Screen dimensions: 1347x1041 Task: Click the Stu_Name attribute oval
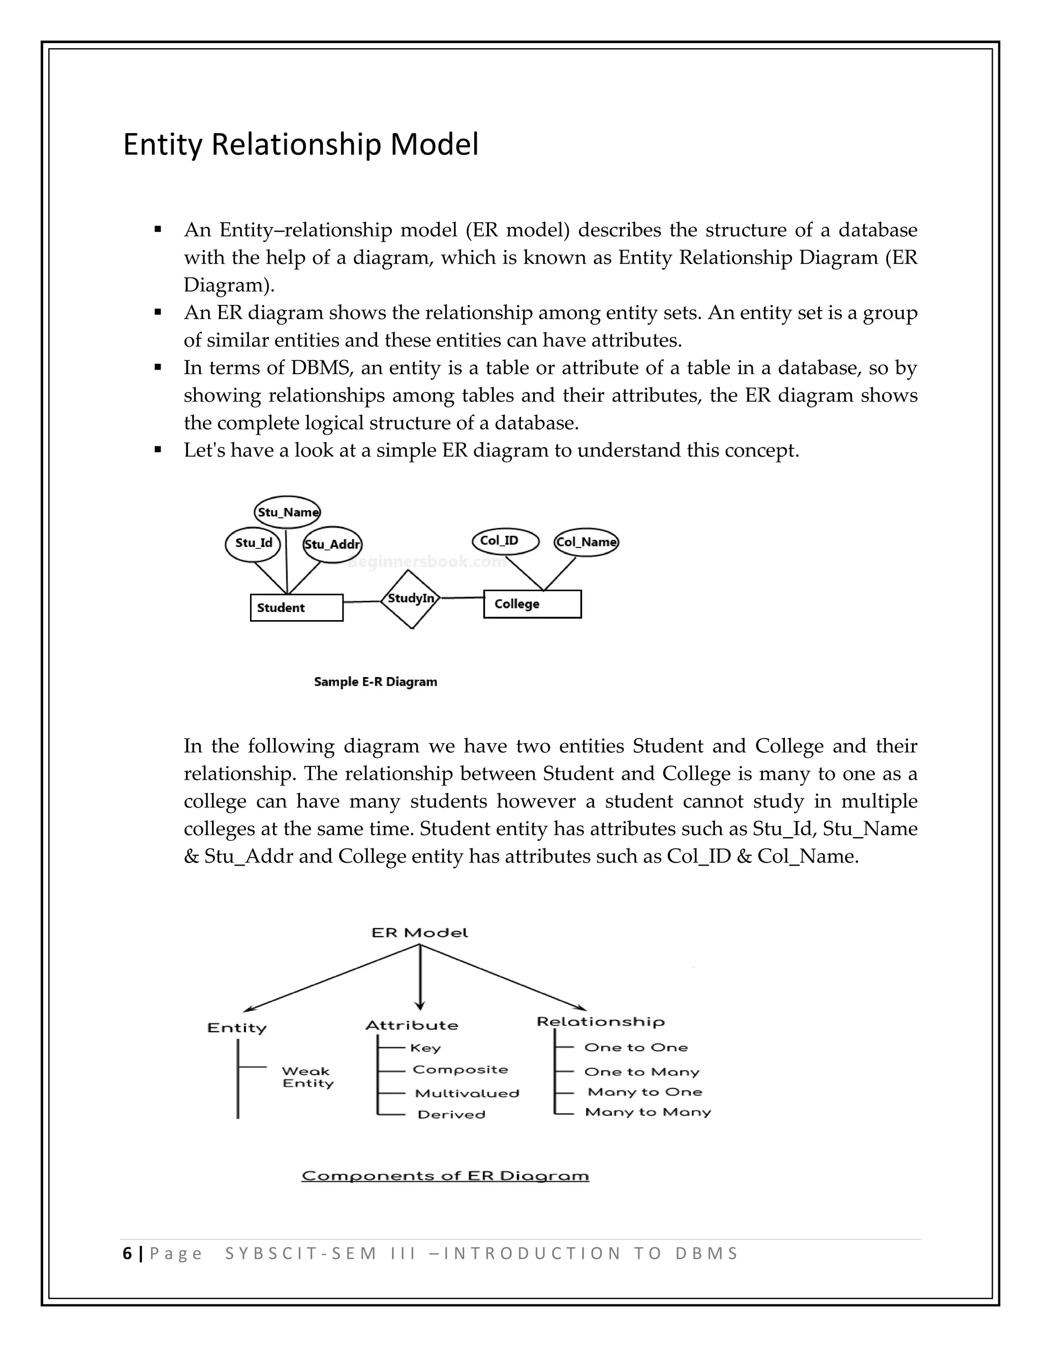(x=287, y=512)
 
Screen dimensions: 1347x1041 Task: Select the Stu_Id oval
(x=253, y=543)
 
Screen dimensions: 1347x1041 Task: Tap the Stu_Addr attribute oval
(x=332, y=544)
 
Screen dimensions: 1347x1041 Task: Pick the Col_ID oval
(x=506, y=541)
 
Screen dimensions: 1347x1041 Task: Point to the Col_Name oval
(x=586, y=542)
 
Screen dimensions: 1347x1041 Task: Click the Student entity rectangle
(x=296, y=607)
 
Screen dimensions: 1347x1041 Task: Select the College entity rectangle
(x=532, y=604)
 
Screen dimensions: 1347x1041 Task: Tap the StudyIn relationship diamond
(x=411, y=599)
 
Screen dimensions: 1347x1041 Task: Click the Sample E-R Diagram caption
(x=375, y=682)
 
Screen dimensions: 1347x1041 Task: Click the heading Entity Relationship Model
(x=300, y=144)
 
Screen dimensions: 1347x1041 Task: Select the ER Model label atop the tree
(x=419, y=933)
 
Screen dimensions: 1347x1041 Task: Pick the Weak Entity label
(x=307, y=1077)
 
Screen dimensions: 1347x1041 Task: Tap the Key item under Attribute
(x=425, y=1048)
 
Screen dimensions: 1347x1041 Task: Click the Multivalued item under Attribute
(x=467, y=1093)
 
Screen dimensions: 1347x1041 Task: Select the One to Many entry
(x=641, y=1072)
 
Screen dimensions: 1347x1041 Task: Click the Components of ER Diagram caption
(x=445, y=1176)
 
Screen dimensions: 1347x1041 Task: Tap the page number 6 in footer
(x=127, y=1253)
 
